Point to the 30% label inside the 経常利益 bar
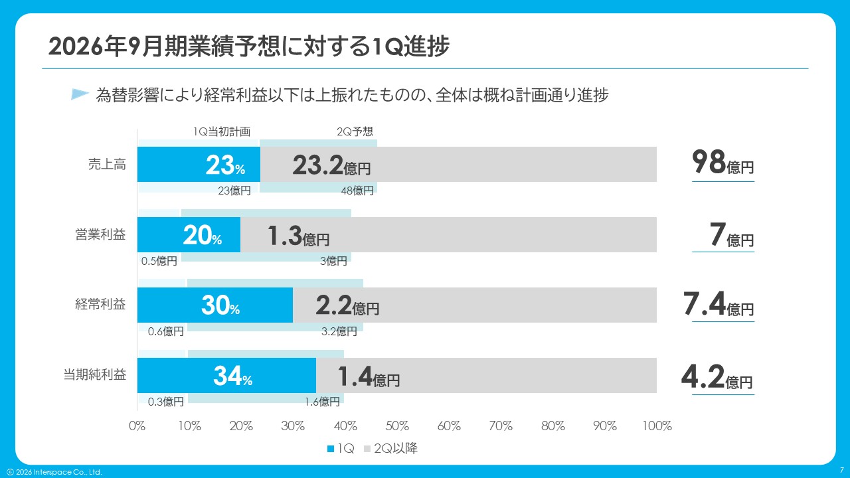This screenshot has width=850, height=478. (x=220, y=305)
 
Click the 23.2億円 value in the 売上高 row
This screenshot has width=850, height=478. (x=331, y=165)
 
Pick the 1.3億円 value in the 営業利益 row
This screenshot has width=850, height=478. (x=298, y=236)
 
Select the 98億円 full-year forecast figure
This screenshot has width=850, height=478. (x=722, y=163)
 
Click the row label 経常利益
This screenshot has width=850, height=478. (x=100, y=305)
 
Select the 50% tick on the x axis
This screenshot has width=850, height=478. (x=397, y=426)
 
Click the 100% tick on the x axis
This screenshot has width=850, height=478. (x=657, y=426)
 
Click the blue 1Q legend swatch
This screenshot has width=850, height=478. (x=331, y=449)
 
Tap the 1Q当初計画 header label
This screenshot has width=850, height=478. (x=222, y=131)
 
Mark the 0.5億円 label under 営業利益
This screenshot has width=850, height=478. (x=159, y=261)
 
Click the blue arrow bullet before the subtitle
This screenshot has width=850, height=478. (x=80, y=94)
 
